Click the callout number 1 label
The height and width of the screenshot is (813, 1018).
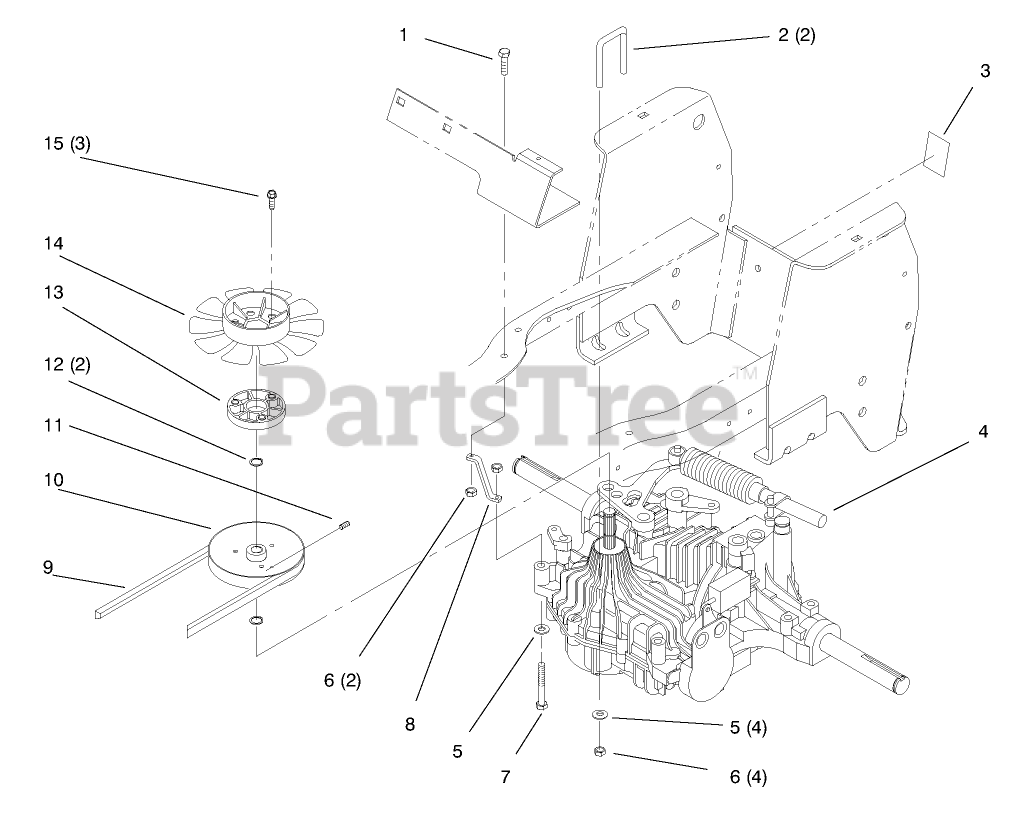click(404, 35)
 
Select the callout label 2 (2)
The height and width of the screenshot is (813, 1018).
click(796, 35)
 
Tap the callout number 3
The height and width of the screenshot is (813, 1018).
click(985, 71)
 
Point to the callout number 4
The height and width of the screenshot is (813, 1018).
click(983, 432)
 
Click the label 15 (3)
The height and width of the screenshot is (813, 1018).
click(67, 143)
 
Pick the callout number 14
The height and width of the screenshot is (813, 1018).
click(53, 242)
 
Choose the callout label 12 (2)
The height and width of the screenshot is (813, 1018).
click(67, 365)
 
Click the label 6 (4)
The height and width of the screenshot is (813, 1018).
click(749, 775)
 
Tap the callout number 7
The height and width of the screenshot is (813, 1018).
click(506, 776)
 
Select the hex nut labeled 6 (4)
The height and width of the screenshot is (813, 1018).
click(598, 751)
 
